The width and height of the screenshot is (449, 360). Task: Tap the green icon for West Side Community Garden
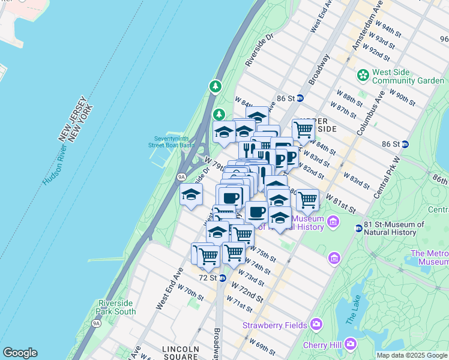363,76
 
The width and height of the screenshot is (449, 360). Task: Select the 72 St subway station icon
222,278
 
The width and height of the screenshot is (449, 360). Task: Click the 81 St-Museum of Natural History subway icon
358,228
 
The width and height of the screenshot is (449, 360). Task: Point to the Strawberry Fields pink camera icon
316,325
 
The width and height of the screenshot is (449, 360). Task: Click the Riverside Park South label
116,307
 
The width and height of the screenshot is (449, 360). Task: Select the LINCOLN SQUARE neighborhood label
180,353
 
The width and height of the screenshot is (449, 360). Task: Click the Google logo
20,353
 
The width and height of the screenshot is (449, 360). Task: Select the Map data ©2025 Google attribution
412,355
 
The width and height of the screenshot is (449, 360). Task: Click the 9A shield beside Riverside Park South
96,323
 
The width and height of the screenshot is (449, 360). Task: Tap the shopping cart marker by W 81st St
307,200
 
